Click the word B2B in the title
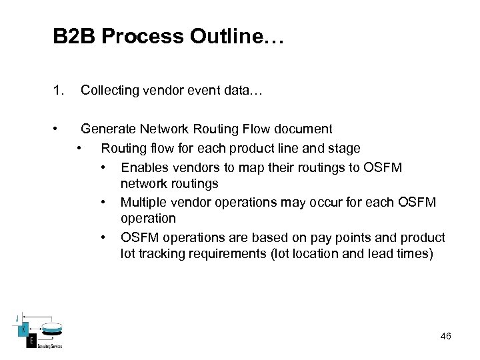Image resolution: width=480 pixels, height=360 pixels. [x=74, y=37]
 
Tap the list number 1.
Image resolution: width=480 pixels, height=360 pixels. [x=58, y=90]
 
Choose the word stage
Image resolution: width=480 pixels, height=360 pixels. [x=345, y=148]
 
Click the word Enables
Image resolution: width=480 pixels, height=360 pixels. [x=143, y=167]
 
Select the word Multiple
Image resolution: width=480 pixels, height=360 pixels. [x=143, y=202]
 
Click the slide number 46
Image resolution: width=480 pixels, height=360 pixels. [x=445, y=337]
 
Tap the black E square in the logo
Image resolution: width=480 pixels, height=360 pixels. [x=31, y=341]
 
